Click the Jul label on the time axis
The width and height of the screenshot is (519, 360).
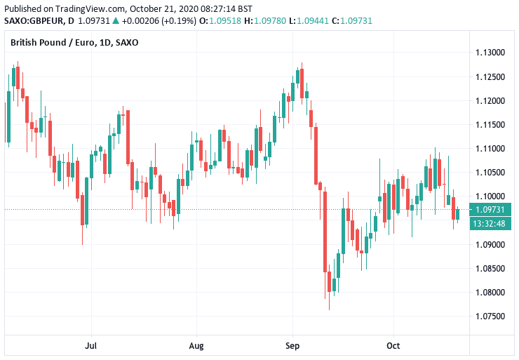click(90, 345)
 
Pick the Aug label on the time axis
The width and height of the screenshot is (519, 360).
click(196, 345)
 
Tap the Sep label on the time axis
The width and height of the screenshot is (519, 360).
click(292, 345)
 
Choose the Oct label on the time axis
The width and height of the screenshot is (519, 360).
click(393, 345)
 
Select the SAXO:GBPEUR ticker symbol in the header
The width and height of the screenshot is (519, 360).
click(32, 21)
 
